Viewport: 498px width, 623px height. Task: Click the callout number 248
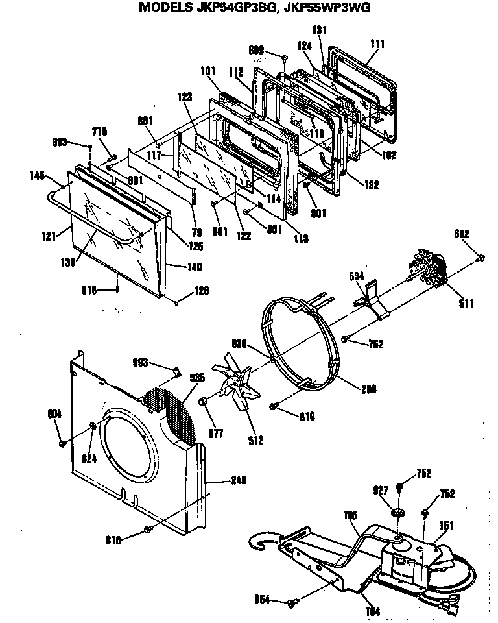[x=239, y=481]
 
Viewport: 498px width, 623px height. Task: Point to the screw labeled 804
[x=63, y=443]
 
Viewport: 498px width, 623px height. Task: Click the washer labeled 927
[x=397, y=513]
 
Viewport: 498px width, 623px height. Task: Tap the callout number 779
[x=99, y=132]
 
